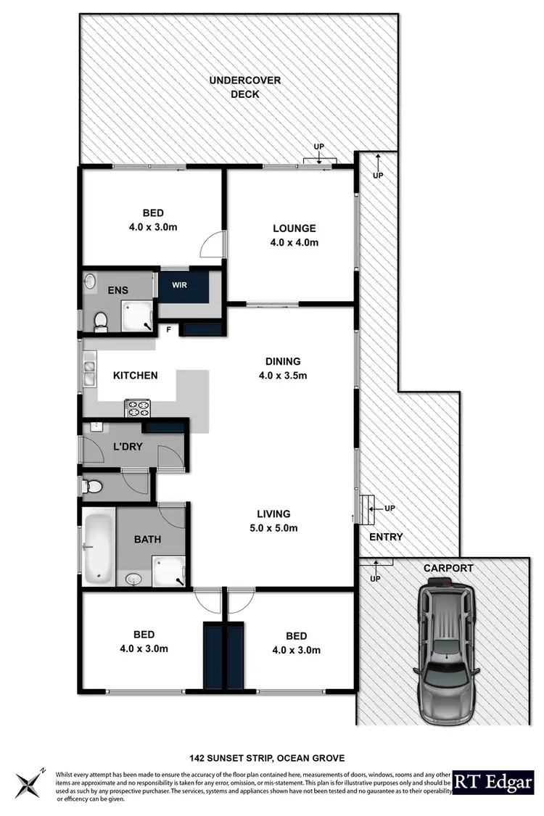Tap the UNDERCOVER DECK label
(235, 87)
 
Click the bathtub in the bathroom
(96, 549)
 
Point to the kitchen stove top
(138, 408)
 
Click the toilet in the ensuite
(102, 320)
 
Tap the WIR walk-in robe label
(179, 284)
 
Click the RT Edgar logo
(495, 782)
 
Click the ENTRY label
(385, 537)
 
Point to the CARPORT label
(448, 568)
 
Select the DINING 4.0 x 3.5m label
(283, 368)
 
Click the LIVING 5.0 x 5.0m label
(273, 520)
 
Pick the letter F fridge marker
(168, 329)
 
